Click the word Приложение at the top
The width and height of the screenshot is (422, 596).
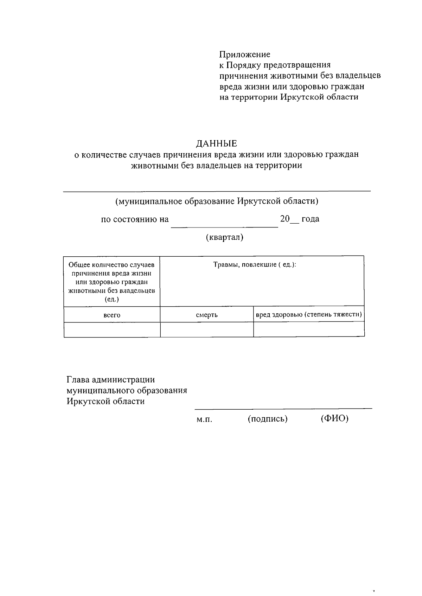point(245,55)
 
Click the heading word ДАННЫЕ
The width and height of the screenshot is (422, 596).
point(217,143)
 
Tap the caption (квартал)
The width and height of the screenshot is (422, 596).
point(224,237)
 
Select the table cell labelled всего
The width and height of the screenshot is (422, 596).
point(112,315)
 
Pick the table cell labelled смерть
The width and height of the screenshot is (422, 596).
point(207,315)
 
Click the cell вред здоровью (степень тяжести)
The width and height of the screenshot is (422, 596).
point(309,314)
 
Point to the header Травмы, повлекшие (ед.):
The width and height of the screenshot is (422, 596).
point(255,264)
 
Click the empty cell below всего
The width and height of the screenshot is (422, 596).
point(112,330)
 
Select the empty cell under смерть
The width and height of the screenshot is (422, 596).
point(207,330)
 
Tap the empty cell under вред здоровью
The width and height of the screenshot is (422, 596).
point(309,330)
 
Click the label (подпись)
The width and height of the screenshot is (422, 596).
point(268,419)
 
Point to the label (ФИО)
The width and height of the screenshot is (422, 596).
point(334,418)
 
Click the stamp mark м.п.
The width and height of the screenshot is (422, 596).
point(204,420)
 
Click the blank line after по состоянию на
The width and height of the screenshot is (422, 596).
point(224,225)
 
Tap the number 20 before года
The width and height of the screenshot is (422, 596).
point(284,219)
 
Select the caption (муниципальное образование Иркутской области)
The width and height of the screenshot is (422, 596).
point(217,201)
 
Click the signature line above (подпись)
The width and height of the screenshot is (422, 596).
point(267,409)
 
